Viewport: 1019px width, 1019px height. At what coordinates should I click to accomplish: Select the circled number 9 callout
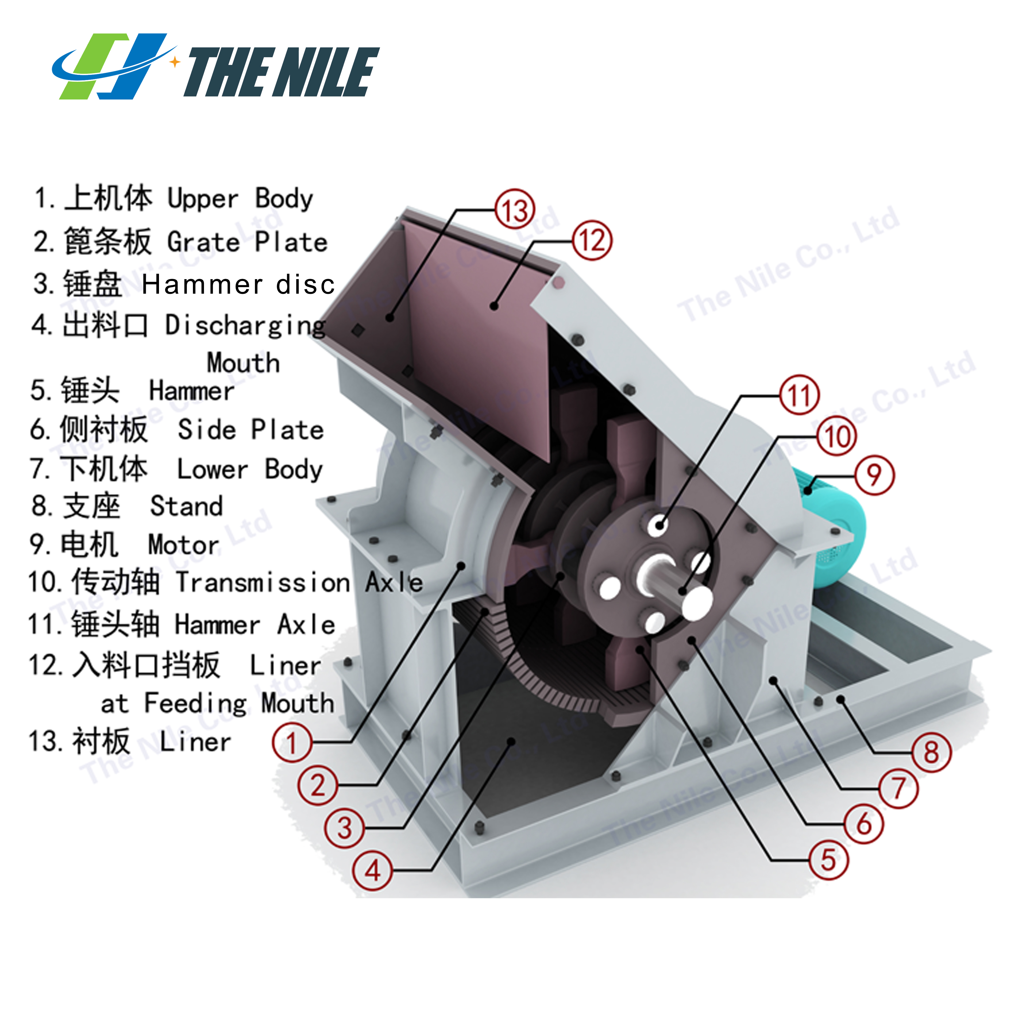[874, 475]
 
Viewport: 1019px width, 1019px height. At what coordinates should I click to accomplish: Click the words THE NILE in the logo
[281, 72]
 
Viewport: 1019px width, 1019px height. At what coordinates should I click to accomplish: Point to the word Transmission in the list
[263, 582]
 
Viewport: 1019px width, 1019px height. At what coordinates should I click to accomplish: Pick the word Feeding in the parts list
[195, 703]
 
